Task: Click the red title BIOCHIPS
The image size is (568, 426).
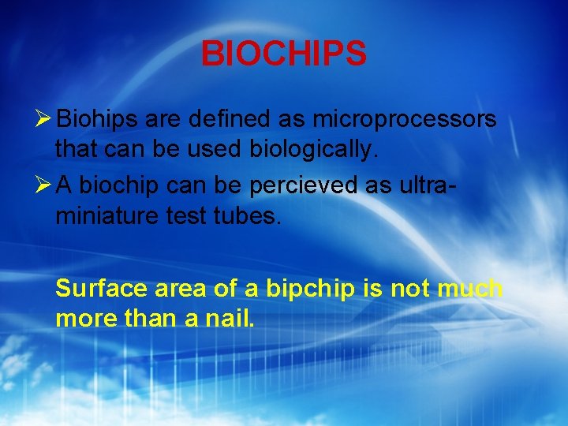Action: coord(283,54)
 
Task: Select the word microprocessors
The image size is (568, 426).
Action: coord(405,119)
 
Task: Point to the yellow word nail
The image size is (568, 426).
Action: coord(230,319)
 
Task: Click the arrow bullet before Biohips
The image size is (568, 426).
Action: coord(44,119)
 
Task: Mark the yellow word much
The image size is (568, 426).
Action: coord(470,290)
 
